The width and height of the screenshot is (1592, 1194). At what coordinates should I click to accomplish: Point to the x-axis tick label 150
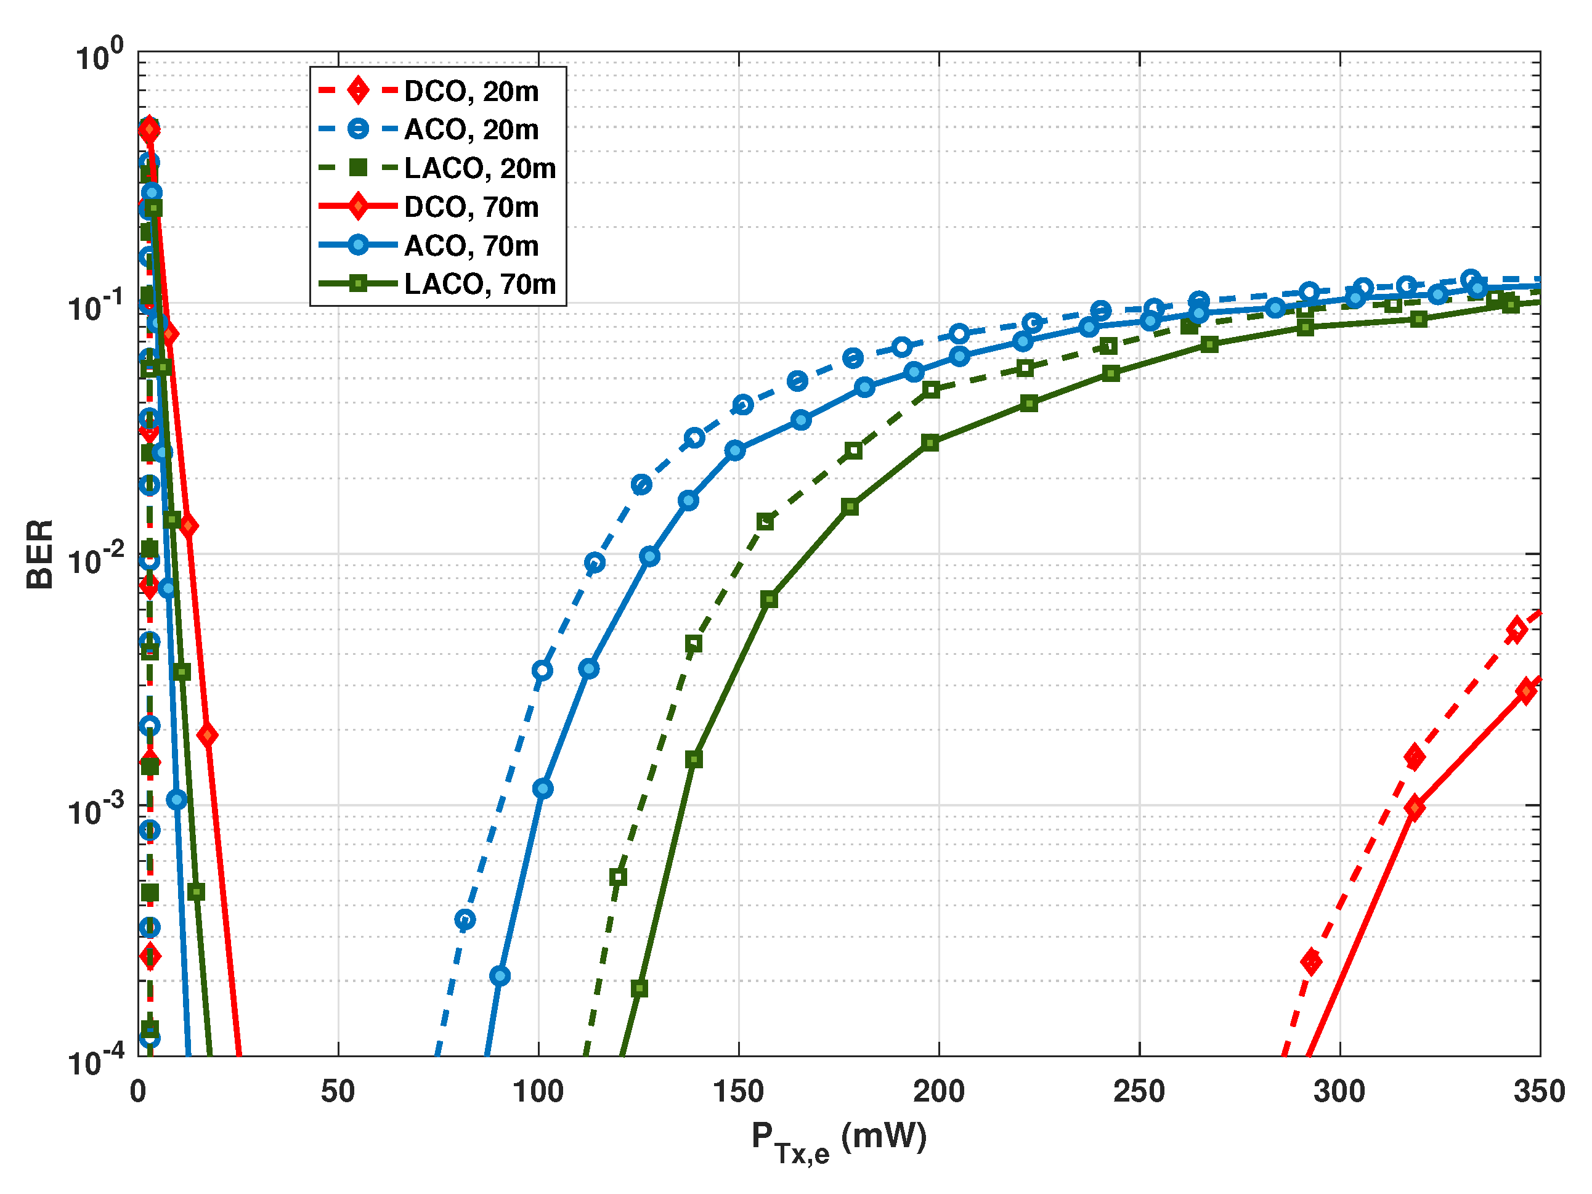click(x=739, y=1092)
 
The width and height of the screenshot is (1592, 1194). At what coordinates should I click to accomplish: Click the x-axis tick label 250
click(x=1139, y=1092)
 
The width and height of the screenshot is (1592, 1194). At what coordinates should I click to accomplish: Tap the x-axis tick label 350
click(x=1540, y=1092)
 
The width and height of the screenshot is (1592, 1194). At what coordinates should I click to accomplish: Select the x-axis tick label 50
click(x=338, y=1092)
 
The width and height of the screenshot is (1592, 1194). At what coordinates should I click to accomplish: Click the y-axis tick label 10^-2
click(x=95, y=559)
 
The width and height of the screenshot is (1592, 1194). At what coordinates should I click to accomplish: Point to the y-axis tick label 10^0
click(x=99, y=56)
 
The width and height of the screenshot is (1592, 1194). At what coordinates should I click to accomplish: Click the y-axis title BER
click(x=39, y=554)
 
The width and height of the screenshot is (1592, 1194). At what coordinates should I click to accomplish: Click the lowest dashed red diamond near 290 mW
click(x=1311, y=962)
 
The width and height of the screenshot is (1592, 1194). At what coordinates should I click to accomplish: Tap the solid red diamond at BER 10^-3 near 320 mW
click(x=1414, y=808)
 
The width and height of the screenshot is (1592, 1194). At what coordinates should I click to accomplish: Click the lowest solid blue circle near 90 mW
click(x=500, y=976)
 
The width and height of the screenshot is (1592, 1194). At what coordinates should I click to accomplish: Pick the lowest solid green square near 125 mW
click(x=639, y=989)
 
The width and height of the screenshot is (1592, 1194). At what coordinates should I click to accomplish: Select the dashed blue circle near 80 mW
click(x=465, y=920)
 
